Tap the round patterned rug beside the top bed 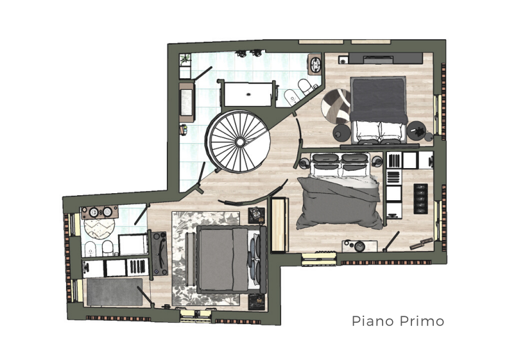[x=336, y=105]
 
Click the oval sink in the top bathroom [x=316, y=64]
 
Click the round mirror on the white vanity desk [x=360, y=244]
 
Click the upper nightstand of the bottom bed [x=257, y=214]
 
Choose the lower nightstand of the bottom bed [x=257, y=300]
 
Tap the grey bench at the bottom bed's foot [x=190, y=260]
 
